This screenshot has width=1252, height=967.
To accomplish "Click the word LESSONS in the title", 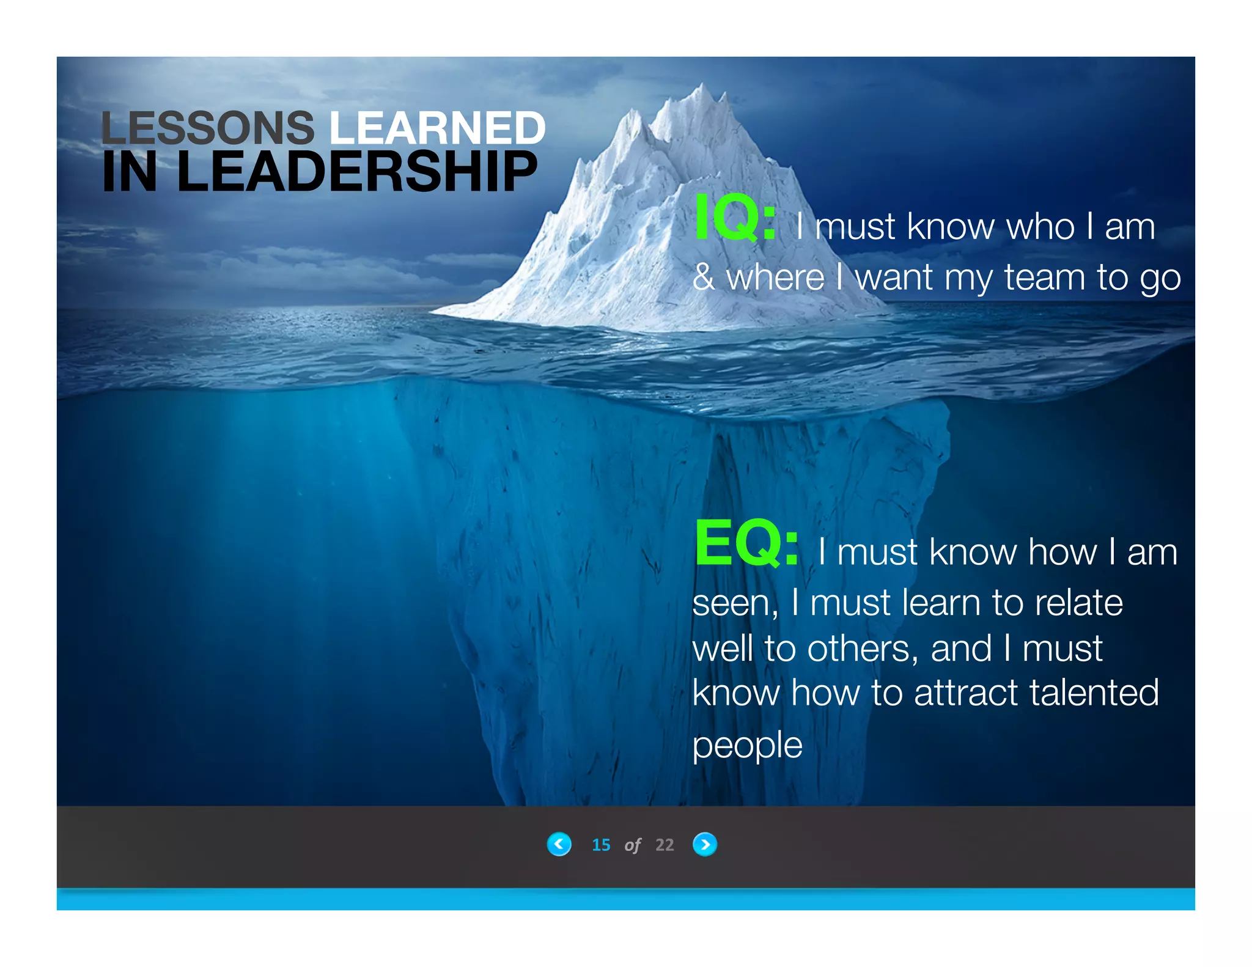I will pos(207,128).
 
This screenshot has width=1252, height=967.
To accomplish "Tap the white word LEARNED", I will pos(437,128).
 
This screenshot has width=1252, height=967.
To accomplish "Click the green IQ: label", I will pos(735,218).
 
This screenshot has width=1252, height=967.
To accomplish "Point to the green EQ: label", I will pos(746,543).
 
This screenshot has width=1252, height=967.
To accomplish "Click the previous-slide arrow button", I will pos(559,844).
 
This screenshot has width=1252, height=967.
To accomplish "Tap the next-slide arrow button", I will pos(705,844).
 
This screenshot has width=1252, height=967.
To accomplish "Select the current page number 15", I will pos(601,845).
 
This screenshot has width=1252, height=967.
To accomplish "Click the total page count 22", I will pos(665,845).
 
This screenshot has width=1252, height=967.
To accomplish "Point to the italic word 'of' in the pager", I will pos(633,845).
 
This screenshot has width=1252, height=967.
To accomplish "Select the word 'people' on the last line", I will pos(747,746).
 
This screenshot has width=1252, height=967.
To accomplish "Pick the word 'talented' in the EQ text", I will pos(1094,693).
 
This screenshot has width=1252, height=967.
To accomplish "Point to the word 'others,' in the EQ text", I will pos(863,649).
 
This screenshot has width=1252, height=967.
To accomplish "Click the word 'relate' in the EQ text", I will pos(1079,603).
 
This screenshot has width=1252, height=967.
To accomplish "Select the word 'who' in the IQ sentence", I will pos(1040,227).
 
